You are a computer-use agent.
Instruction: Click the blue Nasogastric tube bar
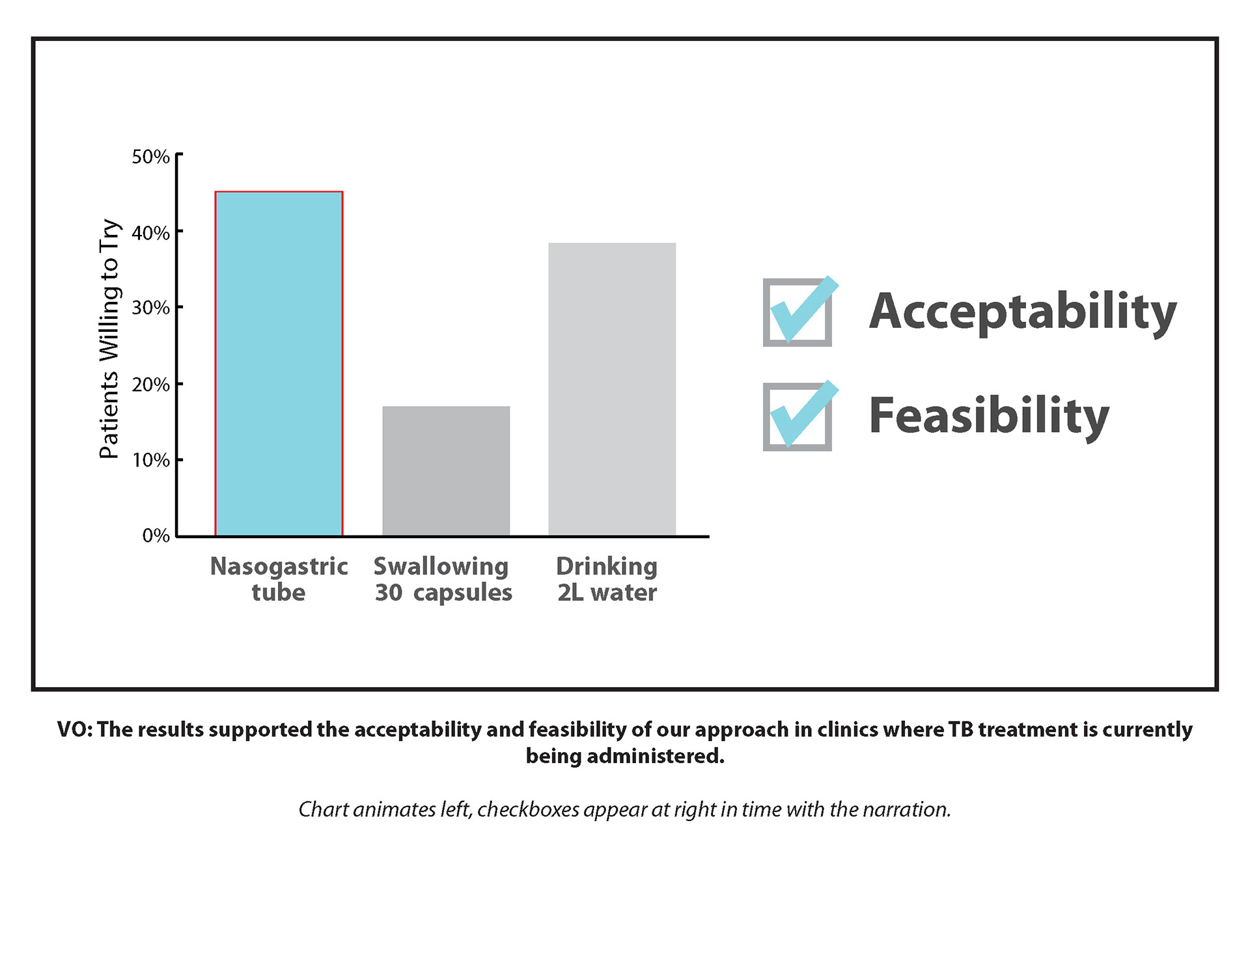[x=279, y=364]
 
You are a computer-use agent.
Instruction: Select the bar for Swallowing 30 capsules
[x=446, y=471]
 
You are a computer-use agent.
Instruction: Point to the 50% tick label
[x=150, y=157]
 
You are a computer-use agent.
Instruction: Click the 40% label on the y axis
[x=150, y=233]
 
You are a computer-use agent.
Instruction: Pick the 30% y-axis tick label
[x=150, y=308]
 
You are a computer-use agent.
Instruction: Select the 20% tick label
[x=150, y=385]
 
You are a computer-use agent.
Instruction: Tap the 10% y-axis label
[x=150, y=461]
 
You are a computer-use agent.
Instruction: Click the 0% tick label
[x=156, y=535]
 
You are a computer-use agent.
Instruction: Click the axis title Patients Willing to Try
[x=109, y=338]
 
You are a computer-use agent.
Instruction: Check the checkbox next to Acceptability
[x=798, y=312]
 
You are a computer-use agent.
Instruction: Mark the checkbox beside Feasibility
[x=798, y=416]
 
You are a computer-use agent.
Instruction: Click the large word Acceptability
[x=1022, y=312]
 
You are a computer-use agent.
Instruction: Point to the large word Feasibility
[x=988, y=416]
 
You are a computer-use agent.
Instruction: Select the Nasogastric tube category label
[x=279, y=579]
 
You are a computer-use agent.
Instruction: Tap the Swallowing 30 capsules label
[x=443, y=579]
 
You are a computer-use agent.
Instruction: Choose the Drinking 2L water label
[x=607, y=579]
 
